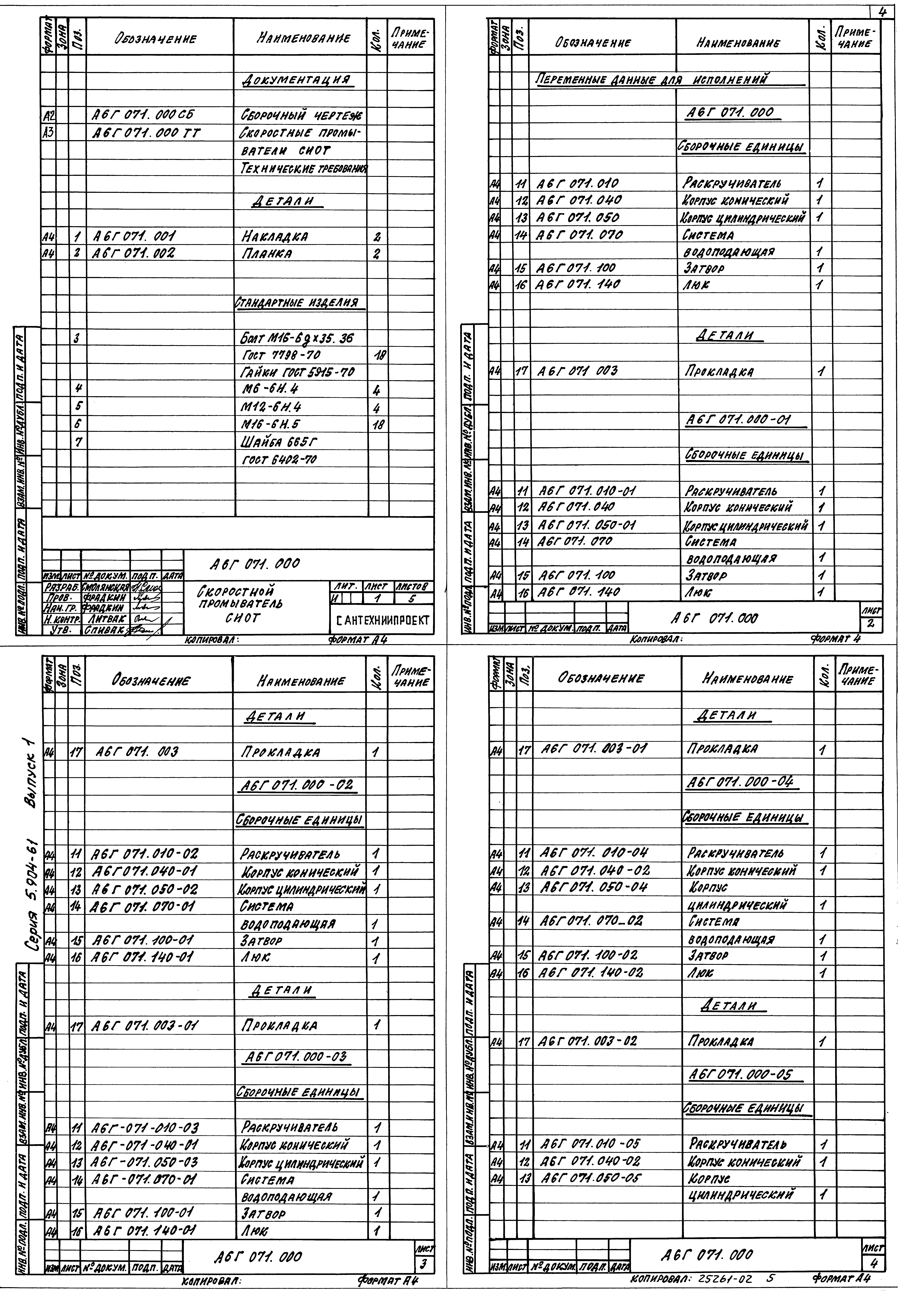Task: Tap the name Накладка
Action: (275, 236)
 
